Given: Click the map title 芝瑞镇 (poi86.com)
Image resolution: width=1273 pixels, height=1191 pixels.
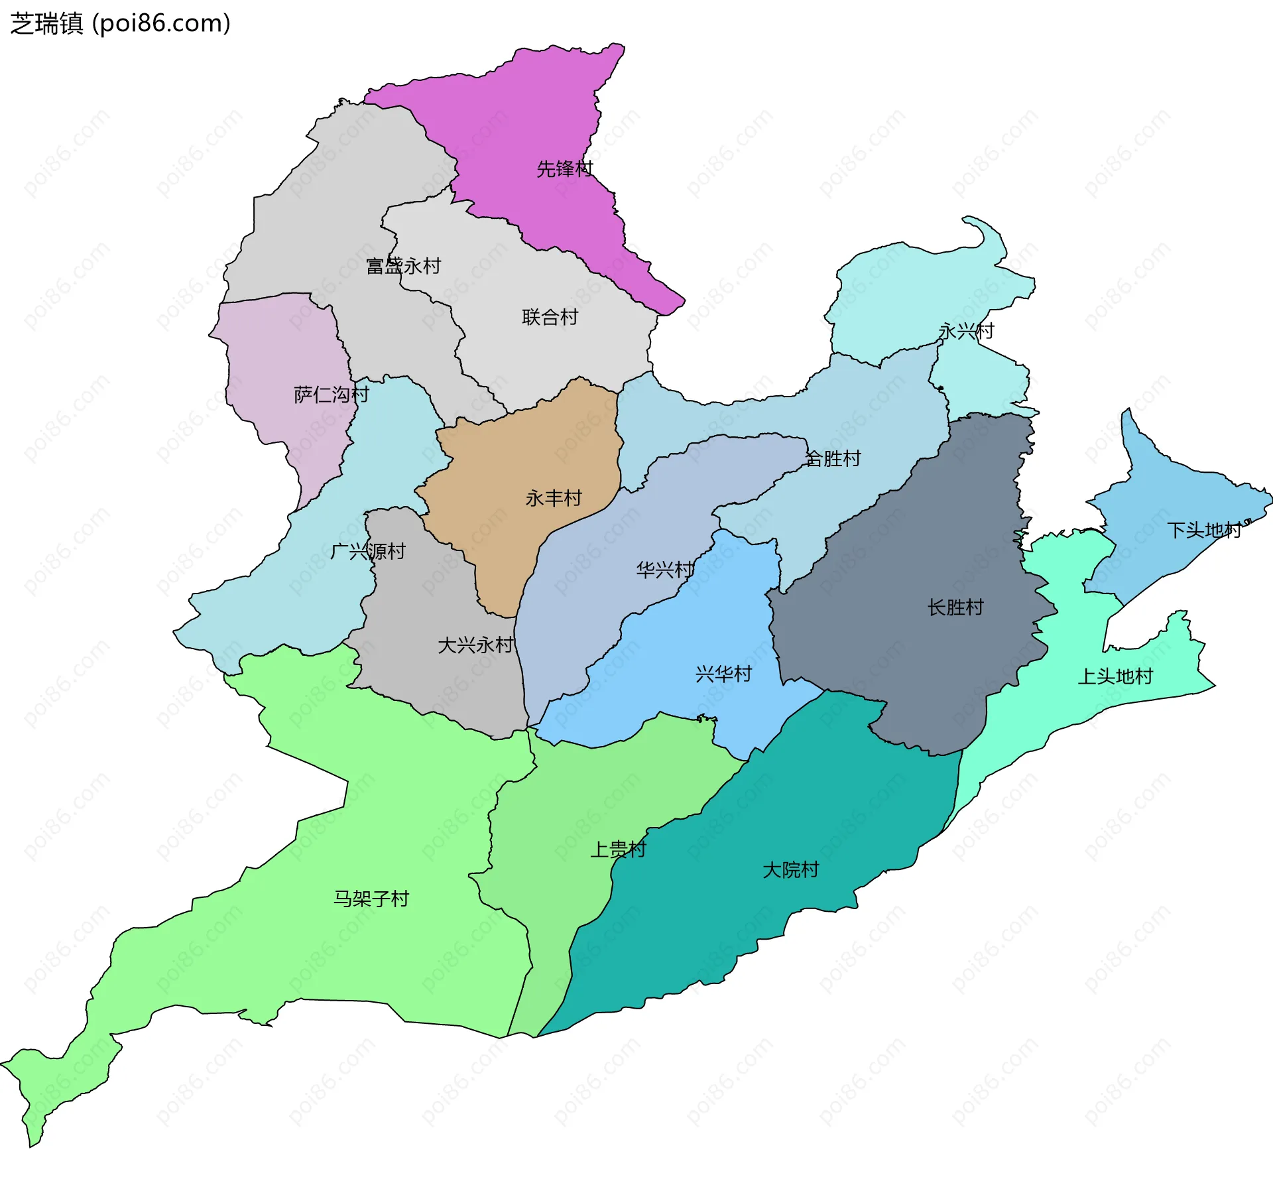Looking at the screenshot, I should pos(121,24).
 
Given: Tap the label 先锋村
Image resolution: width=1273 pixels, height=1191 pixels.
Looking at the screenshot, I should pos(564,169).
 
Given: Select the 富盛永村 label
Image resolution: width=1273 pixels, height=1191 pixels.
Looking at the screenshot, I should pos(403,267).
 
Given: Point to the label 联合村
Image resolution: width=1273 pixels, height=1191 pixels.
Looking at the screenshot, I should pos(550,318).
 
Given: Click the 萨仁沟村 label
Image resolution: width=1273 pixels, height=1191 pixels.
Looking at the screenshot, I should pos(331,395).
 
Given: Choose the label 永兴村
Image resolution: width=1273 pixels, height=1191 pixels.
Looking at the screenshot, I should pos(966,332).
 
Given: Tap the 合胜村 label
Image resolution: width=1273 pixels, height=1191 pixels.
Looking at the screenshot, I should pos(833,459).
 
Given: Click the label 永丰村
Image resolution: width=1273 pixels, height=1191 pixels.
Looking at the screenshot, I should pos(554,498).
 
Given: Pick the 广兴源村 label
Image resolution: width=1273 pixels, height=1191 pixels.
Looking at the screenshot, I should pos(367,552).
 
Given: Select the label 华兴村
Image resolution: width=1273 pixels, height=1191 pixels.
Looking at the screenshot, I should pos(664,570).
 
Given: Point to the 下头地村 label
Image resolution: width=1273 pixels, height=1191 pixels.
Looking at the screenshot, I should pos(1204,531).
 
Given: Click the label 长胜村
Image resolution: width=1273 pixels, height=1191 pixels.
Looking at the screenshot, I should pos(955,607).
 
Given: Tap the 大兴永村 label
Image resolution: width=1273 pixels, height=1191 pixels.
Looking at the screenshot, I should pos(475,645).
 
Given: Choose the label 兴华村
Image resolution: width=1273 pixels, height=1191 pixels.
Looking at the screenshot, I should pos(723,674).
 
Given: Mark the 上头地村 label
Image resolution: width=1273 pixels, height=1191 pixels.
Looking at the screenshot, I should pos(1115,676).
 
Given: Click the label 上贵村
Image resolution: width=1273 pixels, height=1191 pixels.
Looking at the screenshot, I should pos(618,849).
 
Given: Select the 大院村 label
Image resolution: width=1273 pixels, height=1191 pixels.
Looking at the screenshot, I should pos(790,870).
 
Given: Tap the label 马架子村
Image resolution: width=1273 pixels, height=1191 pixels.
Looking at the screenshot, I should pos(371,899).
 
